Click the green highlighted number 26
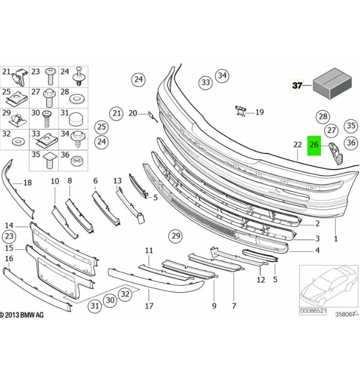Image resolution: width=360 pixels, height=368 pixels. pyautogui.click(x=314, y=145)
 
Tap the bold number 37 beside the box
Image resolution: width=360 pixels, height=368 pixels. pyautogui.click(x=297, y=85)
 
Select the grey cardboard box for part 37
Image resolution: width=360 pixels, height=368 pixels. pyautogui.click(x=332, y=83)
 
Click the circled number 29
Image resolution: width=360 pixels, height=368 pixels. pyautogui.click(x=176, y=236)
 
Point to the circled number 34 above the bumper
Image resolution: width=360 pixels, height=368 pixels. pyautogui.click(x=222, y=75)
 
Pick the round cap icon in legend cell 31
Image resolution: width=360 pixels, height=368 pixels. pyautogui.click(x=76, y=119)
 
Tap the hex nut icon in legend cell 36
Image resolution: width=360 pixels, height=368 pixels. pyautogui.click(x=76, y=161)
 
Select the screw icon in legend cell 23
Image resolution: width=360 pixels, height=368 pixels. pyautogui.click(x=50, y=76)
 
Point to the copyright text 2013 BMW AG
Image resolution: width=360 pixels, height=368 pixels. pyautogui.click(x=22, y=315)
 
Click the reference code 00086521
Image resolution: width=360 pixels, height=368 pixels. pyautogui.click(x=313, y=311)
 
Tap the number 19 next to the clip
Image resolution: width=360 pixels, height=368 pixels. pyautogui.click(x=259, y=112)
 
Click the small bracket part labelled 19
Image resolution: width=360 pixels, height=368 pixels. pyautogui.click(x=241, y=111)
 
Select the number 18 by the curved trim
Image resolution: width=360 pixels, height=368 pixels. pyautogui.click(x=28, y=182)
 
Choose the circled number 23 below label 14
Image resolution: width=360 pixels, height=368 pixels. pyautogui.click(x=9, y=236)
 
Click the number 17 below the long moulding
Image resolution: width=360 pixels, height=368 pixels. pyautogui.click(x=149, y=306)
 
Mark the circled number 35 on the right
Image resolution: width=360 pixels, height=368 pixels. pyautogui.click(x=351, y=126)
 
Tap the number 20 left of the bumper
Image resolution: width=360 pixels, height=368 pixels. pyautogui.click(x=133, y=113)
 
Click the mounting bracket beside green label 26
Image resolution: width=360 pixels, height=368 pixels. pyautogui.click(x=336, y=153)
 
